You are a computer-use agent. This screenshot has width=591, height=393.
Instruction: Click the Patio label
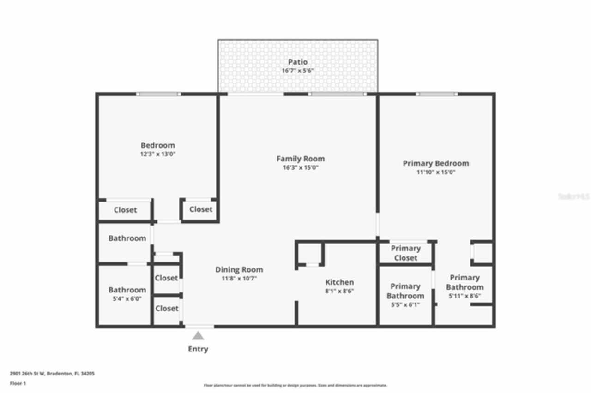click(x=298, y=62)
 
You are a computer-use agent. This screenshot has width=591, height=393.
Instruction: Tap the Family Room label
click(x=301, y=159)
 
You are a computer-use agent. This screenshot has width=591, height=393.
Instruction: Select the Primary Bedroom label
click(x=436, y=163)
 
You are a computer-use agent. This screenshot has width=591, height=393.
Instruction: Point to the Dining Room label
click(x=239, y=270)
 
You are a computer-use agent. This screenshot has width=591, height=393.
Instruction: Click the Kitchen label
click(x=339, y=282)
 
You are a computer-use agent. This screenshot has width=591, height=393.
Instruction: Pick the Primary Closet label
click(x=405, y=253)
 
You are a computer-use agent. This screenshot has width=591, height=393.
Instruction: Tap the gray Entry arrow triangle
click(x=198, y=336)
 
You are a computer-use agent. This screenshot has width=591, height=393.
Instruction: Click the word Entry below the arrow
click(x=198, y=349)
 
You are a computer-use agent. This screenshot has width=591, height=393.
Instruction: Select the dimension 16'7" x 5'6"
click(x=298, y=71)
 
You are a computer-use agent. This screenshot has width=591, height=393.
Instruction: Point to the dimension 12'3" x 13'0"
click(x=158, y=154)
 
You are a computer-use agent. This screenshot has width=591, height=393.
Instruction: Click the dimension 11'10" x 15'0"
click(x=436, y=173)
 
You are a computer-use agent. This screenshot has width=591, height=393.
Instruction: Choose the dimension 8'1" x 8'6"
click(x=339, y=291)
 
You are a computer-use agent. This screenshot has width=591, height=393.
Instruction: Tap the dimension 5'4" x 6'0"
click(x=127, y=298)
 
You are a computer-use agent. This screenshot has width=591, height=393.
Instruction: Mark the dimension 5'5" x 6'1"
click(x=405, y=304)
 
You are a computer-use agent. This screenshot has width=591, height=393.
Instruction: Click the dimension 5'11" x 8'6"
click(x=464, y=296)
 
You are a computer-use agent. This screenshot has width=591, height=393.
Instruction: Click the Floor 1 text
click(x=18, y=383)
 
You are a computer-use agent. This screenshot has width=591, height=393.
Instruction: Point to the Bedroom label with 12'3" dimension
click(x=158, y=145)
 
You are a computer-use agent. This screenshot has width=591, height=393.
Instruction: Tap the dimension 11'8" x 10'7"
click(x=239, y=279)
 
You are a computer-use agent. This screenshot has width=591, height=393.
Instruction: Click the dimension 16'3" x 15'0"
click(x=301, y=167)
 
